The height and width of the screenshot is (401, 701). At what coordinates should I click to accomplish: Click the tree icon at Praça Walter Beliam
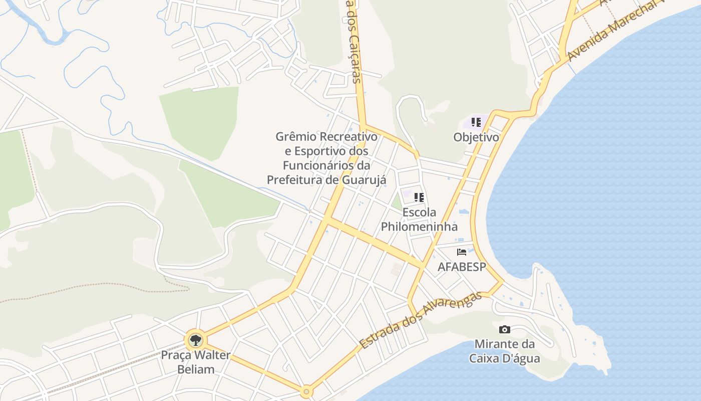(x=195, y=340)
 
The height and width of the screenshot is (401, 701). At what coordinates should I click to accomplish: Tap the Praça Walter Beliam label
(x=195, y=362)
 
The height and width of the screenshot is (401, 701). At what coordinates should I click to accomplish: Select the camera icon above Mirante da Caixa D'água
(x=505, y=329)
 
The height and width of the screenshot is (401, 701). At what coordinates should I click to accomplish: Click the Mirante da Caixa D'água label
(x=505, y=351)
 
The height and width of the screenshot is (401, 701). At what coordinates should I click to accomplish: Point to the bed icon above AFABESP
(x=462, y=252)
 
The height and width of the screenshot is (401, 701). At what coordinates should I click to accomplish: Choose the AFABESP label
(x=462, y=267)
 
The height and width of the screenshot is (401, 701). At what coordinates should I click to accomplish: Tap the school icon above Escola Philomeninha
(x=419, y=197)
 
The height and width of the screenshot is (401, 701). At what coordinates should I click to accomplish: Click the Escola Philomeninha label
(x=419, y=220)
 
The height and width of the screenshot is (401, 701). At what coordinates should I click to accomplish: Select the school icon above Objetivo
(x=476, y=122)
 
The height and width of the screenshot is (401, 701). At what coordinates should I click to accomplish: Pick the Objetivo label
(x=476, y=137)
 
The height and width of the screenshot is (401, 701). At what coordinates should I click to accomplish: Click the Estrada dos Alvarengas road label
(x=421, y=320)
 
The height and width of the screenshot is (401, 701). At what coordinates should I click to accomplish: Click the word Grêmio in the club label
(x=296, y=136)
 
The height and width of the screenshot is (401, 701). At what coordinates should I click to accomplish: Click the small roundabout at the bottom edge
(x=306, y=391)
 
